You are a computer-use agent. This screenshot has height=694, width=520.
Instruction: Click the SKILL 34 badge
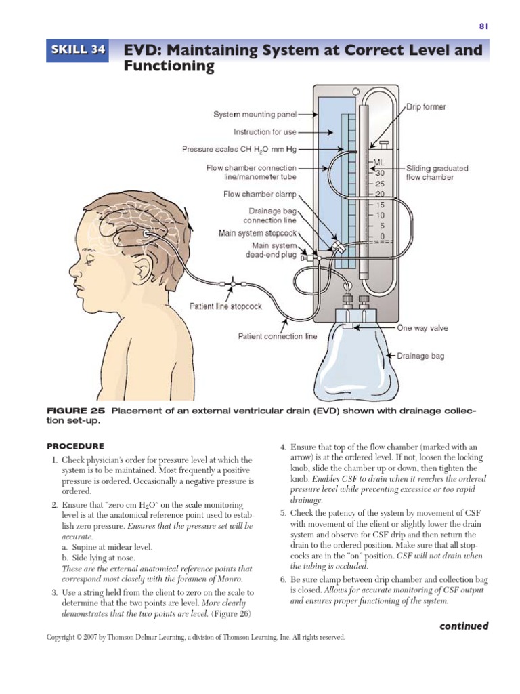click(x=77, y=50)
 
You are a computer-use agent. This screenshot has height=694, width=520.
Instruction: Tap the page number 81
click(x=483, y=26)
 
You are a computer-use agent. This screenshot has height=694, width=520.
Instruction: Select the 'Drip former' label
click(x=426, y=107)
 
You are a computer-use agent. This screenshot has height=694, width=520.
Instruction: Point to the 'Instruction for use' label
click(x=265, y=132)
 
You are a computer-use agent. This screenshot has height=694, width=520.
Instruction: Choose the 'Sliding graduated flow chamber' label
click(x=436, y=173)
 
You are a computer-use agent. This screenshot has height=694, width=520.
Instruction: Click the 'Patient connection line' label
click(x=277, y=335)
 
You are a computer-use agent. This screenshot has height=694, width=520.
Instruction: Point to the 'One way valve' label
click(x=422, y=328)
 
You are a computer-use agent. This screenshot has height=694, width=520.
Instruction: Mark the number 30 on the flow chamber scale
click(x=380, y=173)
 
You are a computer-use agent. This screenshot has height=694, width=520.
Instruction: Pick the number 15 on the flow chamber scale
click(x=380, y=205)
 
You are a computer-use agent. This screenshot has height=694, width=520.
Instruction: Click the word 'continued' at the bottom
click(x=463, y=626)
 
